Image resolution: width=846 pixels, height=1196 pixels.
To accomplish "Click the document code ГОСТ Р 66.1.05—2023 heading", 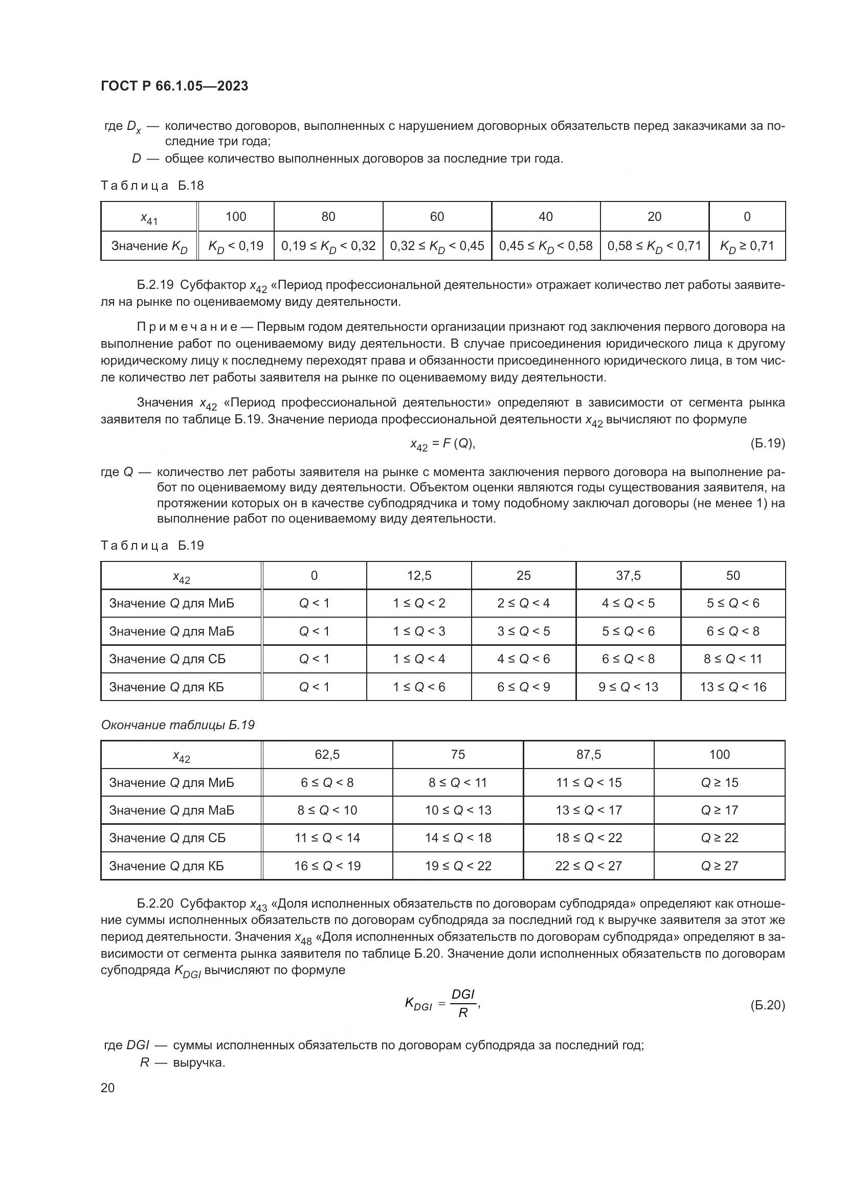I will pos(174,86).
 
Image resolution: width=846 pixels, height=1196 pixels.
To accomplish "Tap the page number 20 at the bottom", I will pos(108,1088).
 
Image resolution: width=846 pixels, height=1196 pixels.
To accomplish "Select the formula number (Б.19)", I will pos(767,443).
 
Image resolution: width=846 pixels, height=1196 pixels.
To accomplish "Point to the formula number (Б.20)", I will pos(767,1005).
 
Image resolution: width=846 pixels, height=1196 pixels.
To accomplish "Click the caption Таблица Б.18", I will pos(152,186).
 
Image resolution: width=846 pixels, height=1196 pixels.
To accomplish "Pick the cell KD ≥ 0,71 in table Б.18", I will pos(746,246).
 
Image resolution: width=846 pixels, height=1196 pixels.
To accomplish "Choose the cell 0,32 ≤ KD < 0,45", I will pos(436,246).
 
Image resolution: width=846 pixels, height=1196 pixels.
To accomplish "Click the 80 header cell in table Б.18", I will pos(328,217).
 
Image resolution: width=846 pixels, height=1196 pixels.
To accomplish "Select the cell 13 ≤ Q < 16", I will pos(733,687).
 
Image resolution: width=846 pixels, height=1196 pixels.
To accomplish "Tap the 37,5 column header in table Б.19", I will pos(628,576).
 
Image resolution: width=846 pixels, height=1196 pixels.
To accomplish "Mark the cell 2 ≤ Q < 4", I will pos(524,603).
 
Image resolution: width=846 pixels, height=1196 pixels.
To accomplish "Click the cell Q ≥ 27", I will pos(720,866).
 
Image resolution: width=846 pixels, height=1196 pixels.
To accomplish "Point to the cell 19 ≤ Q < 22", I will pos(458,866).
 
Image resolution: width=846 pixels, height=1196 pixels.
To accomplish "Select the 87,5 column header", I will pos(589,755).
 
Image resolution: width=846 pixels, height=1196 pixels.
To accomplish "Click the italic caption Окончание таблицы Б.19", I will pos(177,725).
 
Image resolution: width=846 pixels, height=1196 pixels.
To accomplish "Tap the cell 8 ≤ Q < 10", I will pos(327,810).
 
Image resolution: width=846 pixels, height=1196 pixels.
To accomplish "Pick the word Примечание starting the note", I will pos(187,327).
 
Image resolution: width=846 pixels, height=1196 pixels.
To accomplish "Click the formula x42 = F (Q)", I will pos(442,444).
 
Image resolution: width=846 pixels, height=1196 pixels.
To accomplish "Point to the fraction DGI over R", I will pos(462,1004).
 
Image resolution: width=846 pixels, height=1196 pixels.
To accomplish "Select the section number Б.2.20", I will pos(151,904).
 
